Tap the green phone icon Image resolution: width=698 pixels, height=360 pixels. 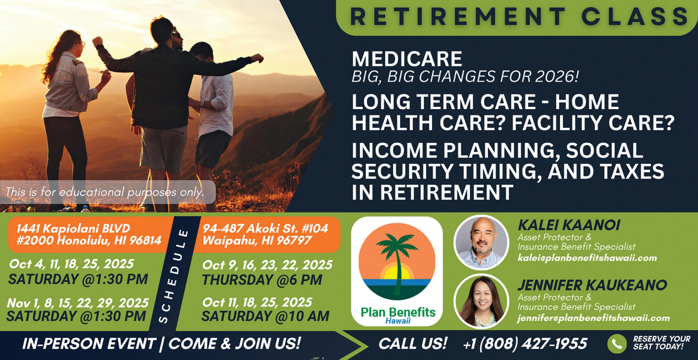(617, 344)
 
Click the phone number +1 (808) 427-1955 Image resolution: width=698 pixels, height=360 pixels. (525, 343)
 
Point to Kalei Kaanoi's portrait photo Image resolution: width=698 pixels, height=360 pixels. (482, 242)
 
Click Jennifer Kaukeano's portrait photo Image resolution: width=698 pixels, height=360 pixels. (482, 302)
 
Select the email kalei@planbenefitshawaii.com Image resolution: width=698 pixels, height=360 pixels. (587, 258)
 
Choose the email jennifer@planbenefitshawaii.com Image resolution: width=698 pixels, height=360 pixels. (594, 318)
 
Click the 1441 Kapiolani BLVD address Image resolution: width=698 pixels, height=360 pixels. (89, 234)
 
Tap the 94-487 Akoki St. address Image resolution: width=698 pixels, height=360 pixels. (265, 234)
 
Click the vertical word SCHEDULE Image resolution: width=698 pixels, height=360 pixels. (174, 276)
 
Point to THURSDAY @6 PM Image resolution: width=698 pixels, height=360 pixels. (262, 280)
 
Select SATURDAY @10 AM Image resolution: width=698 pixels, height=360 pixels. (265, 316)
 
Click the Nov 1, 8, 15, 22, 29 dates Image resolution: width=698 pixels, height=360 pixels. (78, 303)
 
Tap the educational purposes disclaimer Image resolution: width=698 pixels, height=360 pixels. (105, 192)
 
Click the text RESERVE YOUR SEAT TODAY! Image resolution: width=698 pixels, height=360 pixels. (661, 343)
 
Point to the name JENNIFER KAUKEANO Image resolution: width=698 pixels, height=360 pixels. (592, 285)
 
